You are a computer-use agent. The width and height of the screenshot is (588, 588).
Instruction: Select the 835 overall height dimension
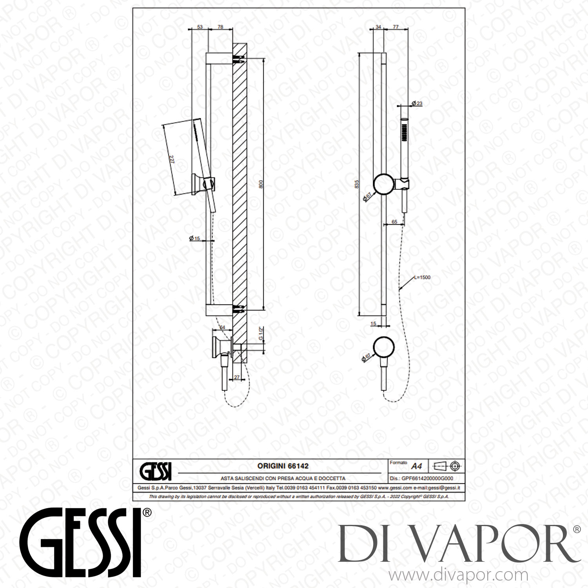coord(356,184)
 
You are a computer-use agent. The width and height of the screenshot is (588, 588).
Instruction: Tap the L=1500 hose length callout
coord(422,278)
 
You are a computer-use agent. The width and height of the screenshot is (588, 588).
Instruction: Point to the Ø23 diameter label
coord(417,103)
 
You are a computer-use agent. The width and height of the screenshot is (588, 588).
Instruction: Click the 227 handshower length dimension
coord(172,160)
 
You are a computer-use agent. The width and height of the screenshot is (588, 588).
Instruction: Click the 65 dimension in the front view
coord(394,222)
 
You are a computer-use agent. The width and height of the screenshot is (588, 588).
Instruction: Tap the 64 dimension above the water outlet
coord(222,327)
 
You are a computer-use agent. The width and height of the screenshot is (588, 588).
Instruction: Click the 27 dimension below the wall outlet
coord(236,377)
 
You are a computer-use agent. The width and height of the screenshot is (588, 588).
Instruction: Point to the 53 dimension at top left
coord(200,27)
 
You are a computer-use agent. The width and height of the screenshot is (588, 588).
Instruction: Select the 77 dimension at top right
coord(396,27)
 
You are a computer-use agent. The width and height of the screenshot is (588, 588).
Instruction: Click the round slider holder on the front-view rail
coord(385,184)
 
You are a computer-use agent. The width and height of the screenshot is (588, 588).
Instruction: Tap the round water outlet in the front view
coord(384,348)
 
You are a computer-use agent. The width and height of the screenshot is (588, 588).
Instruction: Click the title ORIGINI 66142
coord(283,466)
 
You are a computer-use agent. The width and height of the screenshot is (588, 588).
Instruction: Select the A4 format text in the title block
coord(416,466)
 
